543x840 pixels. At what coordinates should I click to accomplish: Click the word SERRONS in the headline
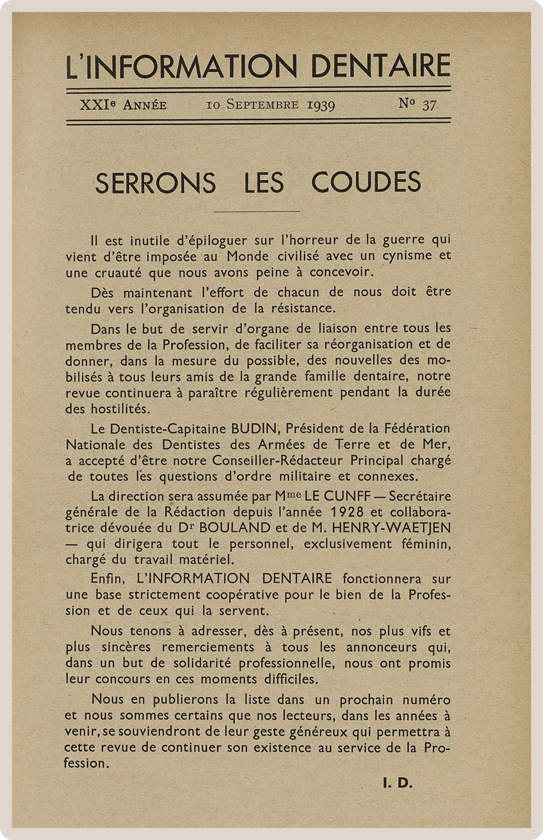tap(155, 183)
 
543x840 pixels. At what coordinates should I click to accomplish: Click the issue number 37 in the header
tap(429, 105)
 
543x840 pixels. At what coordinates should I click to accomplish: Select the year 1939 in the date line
tap(321, 105)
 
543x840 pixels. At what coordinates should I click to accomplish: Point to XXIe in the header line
tap(97, 105)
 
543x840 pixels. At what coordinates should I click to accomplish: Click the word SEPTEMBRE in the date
tap(263, 105)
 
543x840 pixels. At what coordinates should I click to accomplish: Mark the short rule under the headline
tap(257, 211)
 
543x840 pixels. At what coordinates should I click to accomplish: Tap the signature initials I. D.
tap(397, 783)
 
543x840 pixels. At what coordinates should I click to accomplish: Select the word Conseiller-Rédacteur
tap(278, 460)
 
